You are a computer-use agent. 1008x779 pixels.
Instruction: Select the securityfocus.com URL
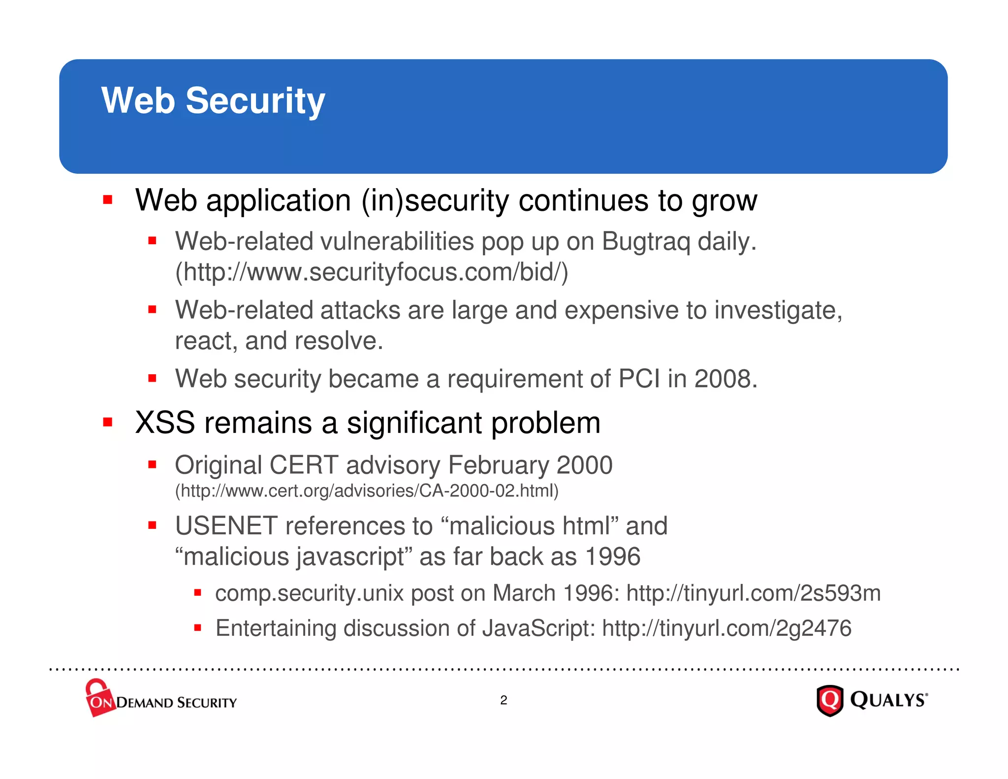coord(372,272)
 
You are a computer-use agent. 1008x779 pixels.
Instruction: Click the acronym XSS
coord(165,423)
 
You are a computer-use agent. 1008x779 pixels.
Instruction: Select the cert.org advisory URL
coord(367,491)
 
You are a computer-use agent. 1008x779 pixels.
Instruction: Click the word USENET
coord(226,526)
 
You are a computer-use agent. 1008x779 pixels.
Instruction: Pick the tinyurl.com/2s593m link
coord(753,593)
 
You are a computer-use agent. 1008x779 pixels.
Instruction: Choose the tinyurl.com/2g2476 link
coord(726,629)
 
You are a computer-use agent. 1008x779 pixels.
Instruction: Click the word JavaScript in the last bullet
coord(538,629)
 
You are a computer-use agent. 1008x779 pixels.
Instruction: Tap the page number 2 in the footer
coord(504,700)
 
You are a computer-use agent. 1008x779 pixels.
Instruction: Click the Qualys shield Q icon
coord(830,700)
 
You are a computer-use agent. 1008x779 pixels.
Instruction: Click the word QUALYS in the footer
coord(888,700)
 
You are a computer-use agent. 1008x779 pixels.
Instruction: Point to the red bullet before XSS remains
coord(108,422)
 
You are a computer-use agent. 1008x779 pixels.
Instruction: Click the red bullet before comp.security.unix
coord(197,593)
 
